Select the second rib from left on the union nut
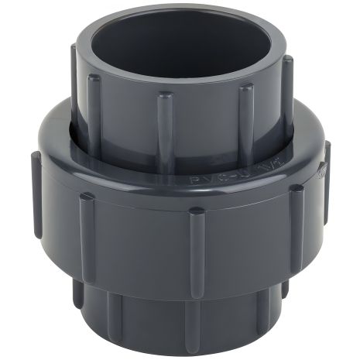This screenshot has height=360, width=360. (x=86, y=232)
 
